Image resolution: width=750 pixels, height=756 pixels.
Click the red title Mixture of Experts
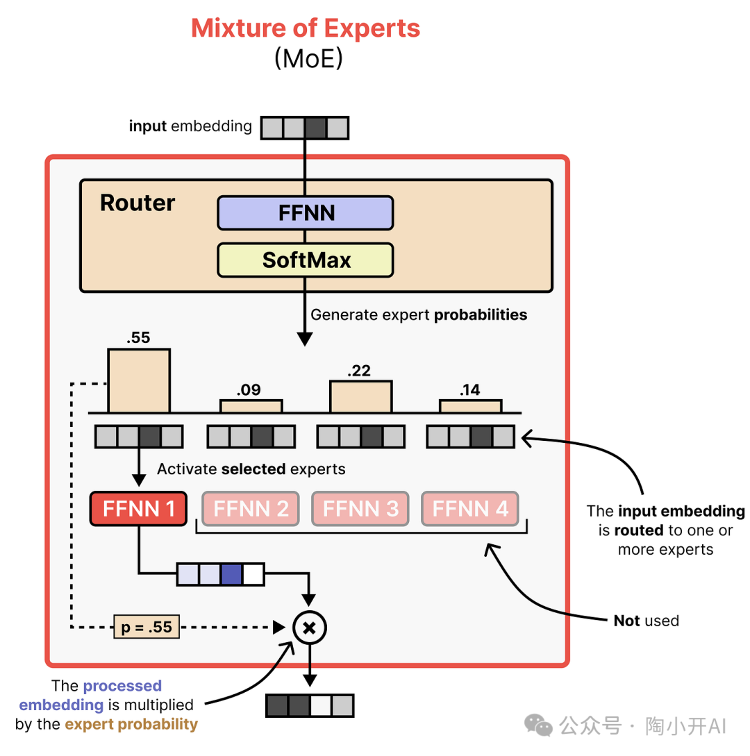tap(306, 28)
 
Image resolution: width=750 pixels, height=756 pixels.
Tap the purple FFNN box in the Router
tap(306, 212)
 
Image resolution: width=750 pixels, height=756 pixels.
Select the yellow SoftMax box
tap(306, 260)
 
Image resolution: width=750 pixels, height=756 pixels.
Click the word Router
tap(137, 203)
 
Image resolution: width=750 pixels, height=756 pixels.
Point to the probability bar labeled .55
tap(138, 380)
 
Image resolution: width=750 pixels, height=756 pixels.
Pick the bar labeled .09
tap(251, 406)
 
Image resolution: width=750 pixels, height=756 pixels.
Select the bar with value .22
tap(360, 397)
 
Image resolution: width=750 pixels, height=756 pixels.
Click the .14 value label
tap(469, 390)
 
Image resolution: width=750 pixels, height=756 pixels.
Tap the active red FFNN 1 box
tap(138, 509)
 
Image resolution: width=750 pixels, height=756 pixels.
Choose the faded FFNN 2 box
tap(251, 509)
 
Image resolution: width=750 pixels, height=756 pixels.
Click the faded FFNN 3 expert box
tap(360, 509)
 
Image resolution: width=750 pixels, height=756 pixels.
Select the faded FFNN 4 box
tap(470, 509)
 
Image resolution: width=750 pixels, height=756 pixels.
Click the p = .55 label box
tap(147, 628)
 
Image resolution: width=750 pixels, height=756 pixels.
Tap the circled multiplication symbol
tap(310, 628)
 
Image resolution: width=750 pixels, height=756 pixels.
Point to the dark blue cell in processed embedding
tap(231, 574)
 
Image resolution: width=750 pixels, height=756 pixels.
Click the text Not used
tap(646, 621)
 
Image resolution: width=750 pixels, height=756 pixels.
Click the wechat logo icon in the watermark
tap(539, 725)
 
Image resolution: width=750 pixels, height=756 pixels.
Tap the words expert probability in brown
tap(131, 725)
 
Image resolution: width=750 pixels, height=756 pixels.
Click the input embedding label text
tap(190, 126)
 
